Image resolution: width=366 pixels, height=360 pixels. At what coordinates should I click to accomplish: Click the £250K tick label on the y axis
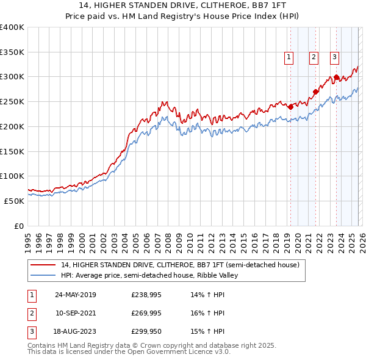click(x=12, y=101)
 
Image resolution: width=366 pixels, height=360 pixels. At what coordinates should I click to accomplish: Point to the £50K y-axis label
click(x=14, y=200)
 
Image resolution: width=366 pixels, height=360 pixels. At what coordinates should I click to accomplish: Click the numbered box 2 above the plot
click(x=314, y=58)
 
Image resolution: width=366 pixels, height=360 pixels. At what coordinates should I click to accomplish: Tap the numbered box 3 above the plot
click(x=335, y=58)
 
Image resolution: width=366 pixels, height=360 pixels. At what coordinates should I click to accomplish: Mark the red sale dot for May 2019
click(x=290, y=107)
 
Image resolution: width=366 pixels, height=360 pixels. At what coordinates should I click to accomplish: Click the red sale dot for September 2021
click(x=315, y=92)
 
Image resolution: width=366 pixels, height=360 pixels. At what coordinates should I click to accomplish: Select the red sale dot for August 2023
click(x=336, y=77)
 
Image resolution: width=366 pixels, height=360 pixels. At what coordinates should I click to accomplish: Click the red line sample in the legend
click(x=43, y=265)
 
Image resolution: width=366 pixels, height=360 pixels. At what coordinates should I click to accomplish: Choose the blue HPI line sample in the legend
click(x=43, y=276)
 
